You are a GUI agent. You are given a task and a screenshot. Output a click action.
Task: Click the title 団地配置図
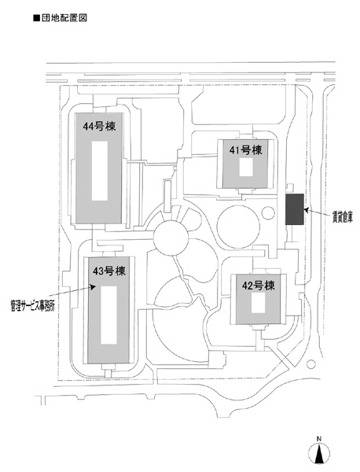click(64, 18)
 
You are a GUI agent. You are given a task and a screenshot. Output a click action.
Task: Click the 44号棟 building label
click(99, 127)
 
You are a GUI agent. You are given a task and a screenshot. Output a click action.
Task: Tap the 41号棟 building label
click(246, 150)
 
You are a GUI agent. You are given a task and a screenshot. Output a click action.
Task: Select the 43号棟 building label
click(109, 271)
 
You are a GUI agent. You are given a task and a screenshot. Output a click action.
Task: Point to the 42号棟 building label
click(259, 286)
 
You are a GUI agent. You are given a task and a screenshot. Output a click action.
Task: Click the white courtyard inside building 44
click(100, 171)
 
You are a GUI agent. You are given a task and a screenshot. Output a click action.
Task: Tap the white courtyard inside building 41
click(246, 167)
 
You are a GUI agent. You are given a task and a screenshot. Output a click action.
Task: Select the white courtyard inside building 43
click(108, 315)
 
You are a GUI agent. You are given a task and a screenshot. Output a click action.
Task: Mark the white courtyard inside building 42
click(258, 303)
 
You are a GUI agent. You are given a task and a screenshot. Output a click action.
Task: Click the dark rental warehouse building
click(295, 209)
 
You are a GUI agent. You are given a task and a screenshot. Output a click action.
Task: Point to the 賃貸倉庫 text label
click(342, 217)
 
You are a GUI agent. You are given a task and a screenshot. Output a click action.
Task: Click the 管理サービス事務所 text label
click(32, 307)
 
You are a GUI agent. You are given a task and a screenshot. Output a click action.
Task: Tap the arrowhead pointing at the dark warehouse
click(307, 210)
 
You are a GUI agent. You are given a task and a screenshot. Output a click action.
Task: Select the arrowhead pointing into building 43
click(94, 287)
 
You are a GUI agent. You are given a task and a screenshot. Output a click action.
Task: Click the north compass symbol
click(319, 453)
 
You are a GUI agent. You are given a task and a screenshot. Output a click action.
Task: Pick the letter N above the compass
click(319, 439)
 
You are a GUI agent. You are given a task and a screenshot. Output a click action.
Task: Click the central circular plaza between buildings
click(171, 238)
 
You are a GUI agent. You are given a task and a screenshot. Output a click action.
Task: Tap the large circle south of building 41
click(238, 227)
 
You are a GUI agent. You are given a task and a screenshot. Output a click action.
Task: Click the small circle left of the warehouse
click(268, 213)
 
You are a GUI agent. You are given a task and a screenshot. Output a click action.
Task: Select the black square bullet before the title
click(36, 18)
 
